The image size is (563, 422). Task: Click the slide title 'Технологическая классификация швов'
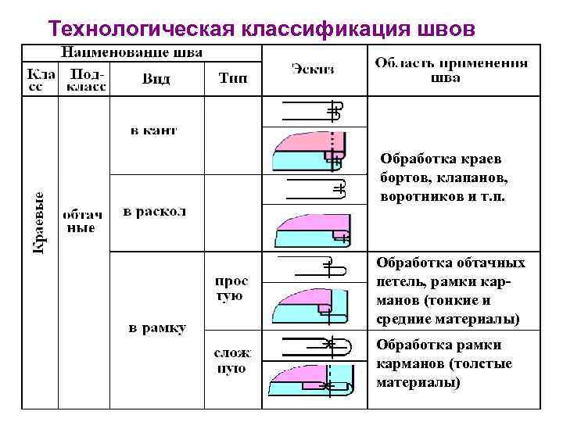260,28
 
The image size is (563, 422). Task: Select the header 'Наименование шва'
132,53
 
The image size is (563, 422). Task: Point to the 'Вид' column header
156,80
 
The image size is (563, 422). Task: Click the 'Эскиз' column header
313,69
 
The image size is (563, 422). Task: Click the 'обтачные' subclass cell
81,220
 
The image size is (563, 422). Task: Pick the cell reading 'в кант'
153,131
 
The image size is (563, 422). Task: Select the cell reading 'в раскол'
154,212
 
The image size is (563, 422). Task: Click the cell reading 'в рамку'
157,328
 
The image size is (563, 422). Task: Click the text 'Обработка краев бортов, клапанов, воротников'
443,177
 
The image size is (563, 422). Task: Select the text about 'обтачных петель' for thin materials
450,291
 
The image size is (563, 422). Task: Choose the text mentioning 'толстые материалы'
444,363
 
